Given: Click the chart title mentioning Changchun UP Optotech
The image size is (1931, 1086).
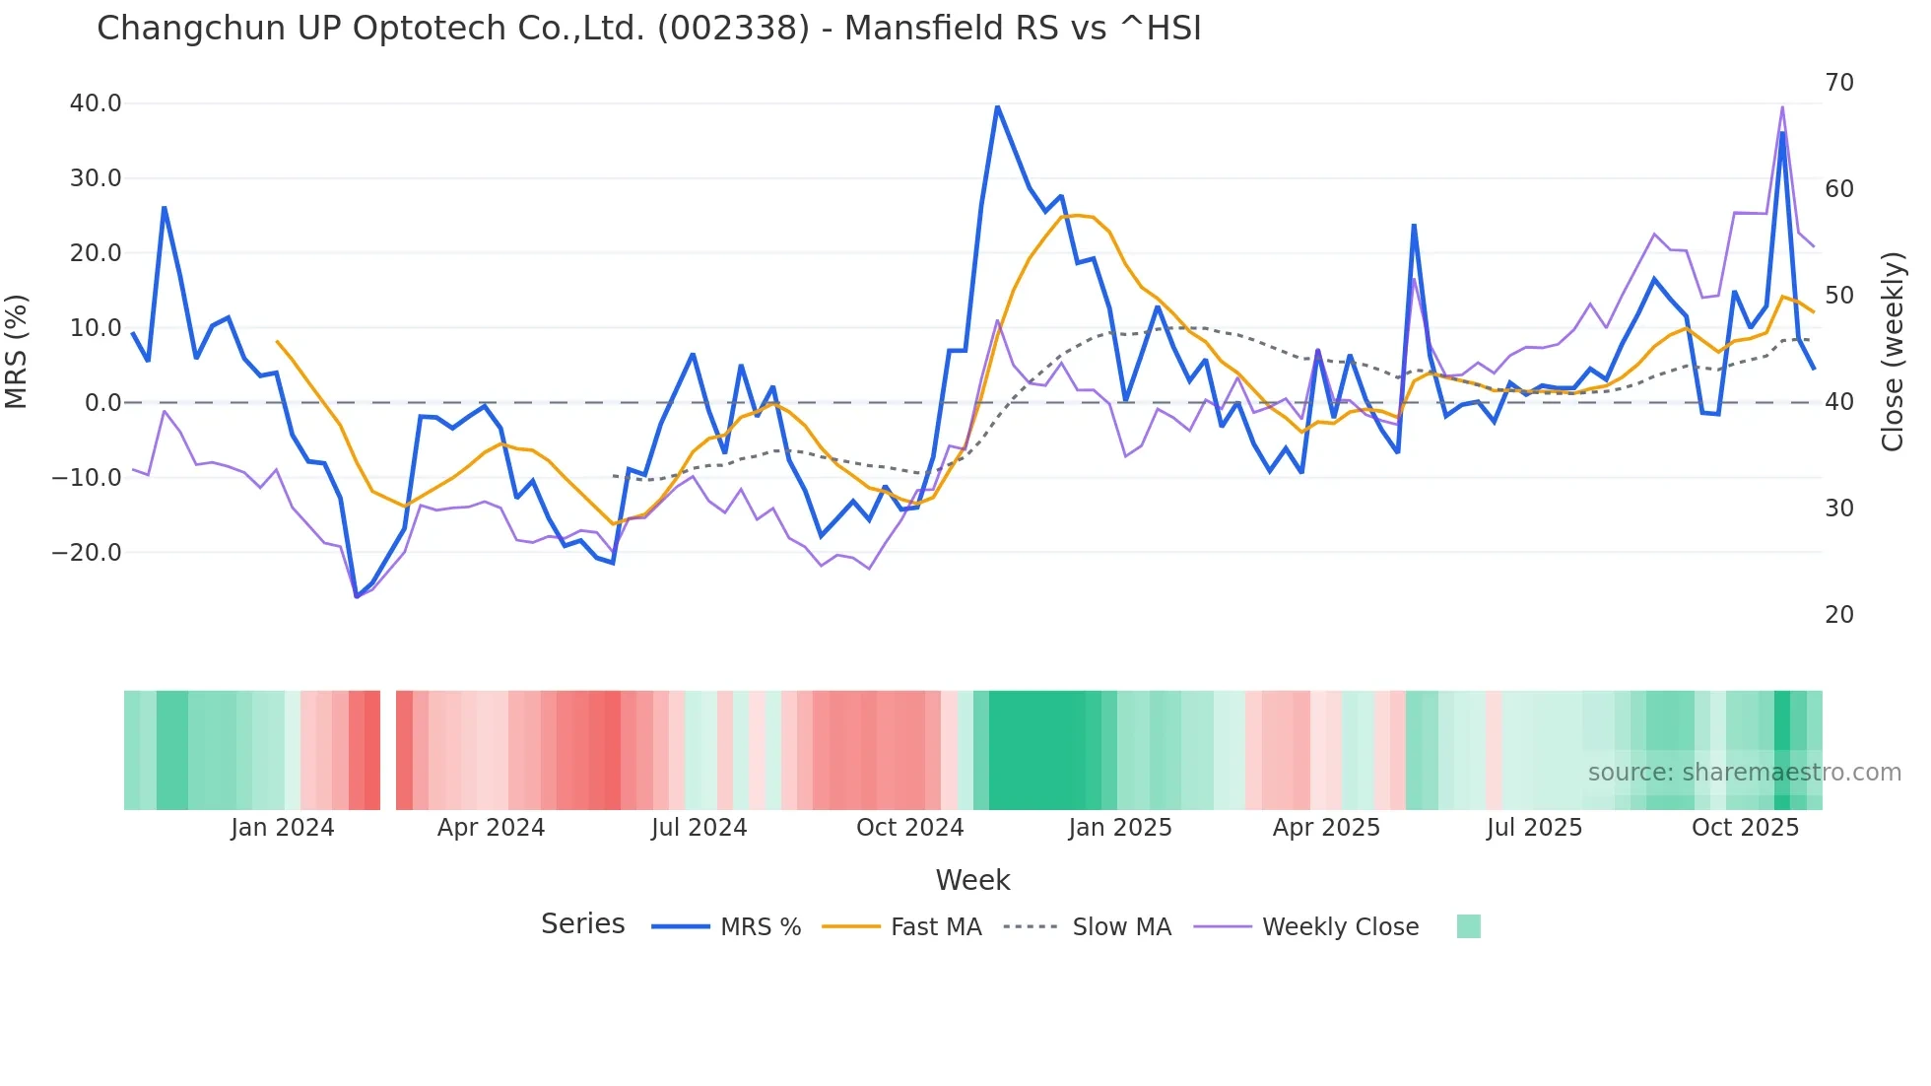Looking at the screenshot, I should coord(648,29).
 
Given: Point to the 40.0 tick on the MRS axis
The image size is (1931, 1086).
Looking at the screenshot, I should coord(96,103).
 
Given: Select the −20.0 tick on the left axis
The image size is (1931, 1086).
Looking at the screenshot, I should coord(87,553).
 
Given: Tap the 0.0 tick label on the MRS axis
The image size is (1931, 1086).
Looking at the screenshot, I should coord(103,403).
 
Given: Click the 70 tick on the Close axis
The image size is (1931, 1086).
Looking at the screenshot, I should coord(1839,83).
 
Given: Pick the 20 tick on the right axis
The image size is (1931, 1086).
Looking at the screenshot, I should coord(1839,615).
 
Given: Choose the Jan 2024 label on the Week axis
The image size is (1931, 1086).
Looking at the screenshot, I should coord(283,828).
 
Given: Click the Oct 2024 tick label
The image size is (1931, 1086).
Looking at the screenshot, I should coord(909,828).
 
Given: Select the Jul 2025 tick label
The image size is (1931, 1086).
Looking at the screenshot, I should coord(1534,828).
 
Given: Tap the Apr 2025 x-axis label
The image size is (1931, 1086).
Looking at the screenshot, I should coord(1326,828).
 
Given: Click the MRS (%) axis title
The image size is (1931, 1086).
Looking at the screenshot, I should coord(17,351).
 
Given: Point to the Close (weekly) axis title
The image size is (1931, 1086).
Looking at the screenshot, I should coord(1893,351).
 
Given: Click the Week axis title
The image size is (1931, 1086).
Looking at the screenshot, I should coord(972,880).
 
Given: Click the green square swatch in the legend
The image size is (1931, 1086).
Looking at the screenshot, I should coord(1468,926).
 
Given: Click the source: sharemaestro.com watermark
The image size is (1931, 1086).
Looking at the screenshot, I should coord(1744,773).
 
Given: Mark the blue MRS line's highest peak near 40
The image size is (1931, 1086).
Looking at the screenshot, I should coord(997,105).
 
